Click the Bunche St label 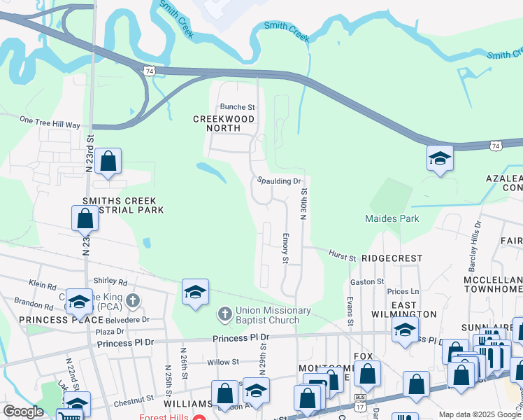pos(238,107)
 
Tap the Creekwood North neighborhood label pos(224,120)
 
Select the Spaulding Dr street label pos(278,181)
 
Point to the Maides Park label pos(392,218)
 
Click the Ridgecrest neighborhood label pos(392,258)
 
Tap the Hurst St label pos(343,255)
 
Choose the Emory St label pos(285,249)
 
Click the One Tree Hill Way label pos(50,122)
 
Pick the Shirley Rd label pos(113,283)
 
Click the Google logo pos(23,412)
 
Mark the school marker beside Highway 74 pos(440,159)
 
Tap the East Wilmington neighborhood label pos(404,309)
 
